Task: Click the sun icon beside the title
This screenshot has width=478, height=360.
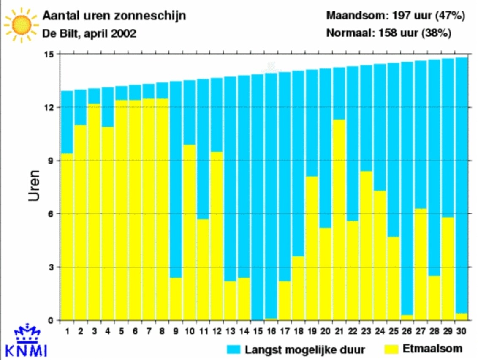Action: tap(22, 25)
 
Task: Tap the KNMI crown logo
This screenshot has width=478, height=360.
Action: tap(27, 333)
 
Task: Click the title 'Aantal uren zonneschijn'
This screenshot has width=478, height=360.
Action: tap(114, 16)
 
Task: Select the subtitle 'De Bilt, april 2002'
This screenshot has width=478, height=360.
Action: tap(89, 33)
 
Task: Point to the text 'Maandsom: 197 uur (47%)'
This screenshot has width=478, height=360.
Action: tap(395, 15)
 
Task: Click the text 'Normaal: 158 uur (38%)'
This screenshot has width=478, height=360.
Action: tap(388, 33)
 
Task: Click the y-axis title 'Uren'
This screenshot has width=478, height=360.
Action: tap(34, 186)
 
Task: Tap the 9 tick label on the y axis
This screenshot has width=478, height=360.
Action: tap(51, 161)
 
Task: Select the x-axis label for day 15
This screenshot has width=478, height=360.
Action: tap(258, 331)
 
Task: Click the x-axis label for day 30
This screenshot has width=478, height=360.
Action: tap(461, 331)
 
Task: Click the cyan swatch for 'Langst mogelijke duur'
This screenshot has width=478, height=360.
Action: tap(234, 349)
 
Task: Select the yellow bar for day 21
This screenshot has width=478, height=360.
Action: tap(339, 220)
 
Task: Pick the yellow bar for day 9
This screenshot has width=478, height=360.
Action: tap(176, 299)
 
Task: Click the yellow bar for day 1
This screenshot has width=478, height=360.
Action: tap(67, 237)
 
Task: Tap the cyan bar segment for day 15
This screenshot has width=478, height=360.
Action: tap(258, 197)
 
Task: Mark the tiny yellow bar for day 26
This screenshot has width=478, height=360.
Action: tap(407, 318)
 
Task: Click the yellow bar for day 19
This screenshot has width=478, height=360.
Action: tap(312, 248)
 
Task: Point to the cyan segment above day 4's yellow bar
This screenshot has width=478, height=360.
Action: tap(108, 107)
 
